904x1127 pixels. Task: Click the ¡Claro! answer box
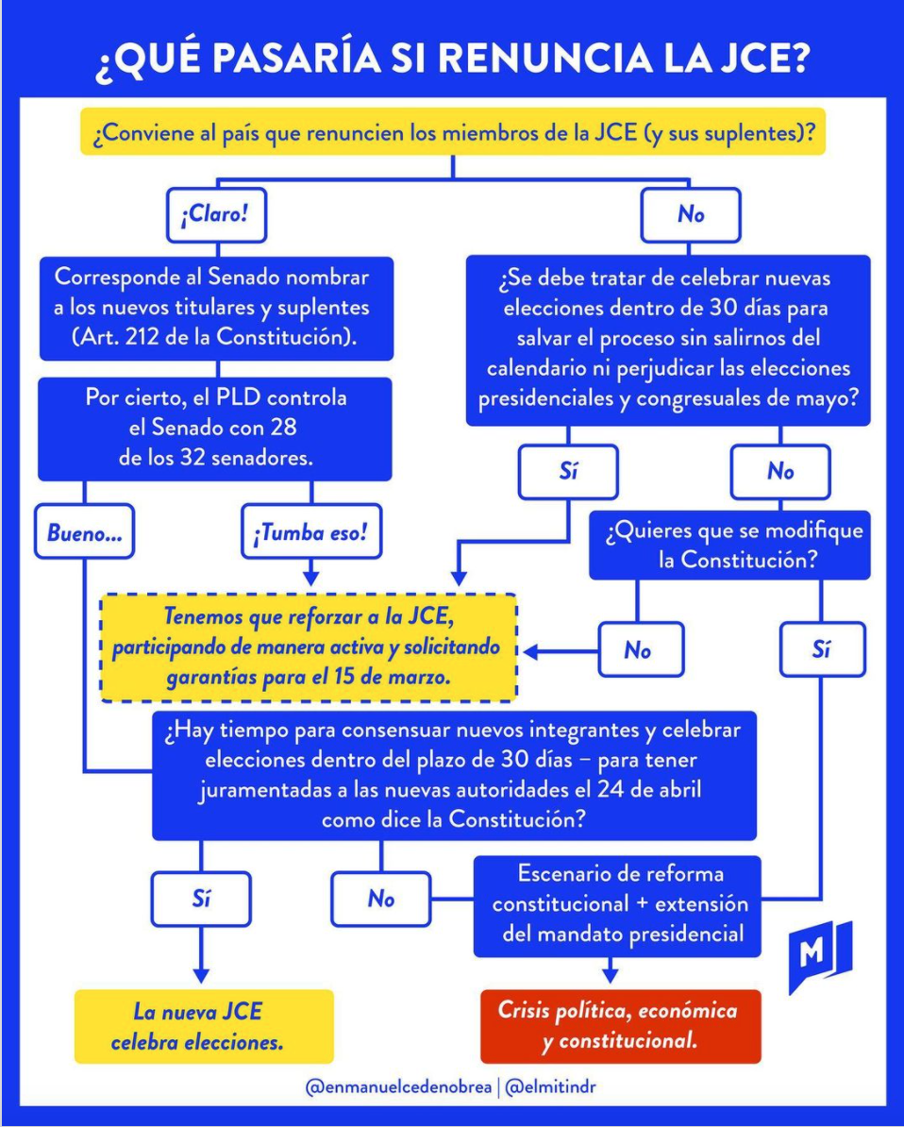[x=215, y=214]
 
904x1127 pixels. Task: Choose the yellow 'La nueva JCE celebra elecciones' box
[x=203, y=1027]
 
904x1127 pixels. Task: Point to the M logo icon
[x=818, y=955]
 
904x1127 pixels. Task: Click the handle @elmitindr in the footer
[x=550, y=1087]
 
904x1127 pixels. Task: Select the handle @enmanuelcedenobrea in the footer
[x=399, y=1087]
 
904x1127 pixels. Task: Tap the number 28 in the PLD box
[x=281, y=428]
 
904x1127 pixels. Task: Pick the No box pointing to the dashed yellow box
[x=638, y=650]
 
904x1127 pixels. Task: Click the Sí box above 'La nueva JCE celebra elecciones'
[x=200, y=899]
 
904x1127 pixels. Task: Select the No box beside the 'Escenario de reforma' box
[x=380, y=899]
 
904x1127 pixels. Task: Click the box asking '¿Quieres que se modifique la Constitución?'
[x=729, y=545]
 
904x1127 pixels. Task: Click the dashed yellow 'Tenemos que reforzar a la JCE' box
[x=309, y=648]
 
